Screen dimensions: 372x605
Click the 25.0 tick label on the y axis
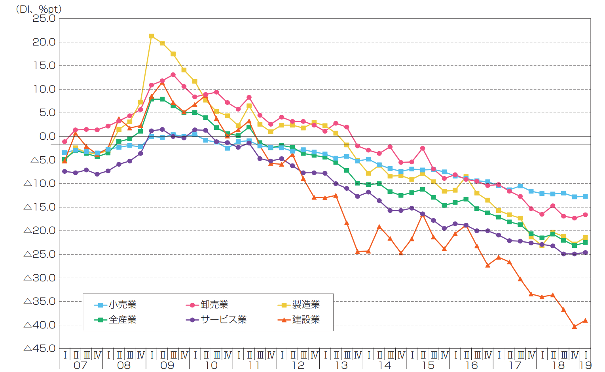44,19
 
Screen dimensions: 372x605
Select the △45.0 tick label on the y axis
40,349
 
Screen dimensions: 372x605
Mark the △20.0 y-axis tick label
40,231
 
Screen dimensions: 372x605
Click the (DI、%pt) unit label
38,9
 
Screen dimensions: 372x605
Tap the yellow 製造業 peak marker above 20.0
152,36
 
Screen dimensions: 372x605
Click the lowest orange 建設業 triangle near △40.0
575,326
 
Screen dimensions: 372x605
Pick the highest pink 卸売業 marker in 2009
173,74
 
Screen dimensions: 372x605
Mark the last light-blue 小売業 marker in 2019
586,196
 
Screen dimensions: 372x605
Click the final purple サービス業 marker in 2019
586,252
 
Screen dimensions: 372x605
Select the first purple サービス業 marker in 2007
64,171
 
